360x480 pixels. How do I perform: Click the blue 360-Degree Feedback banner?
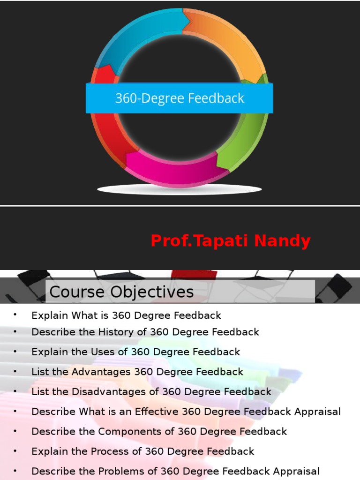pos(179,98)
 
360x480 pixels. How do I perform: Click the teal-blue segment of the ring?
pos(136,37)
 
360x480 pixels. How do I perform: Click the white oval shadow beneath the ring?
pos(179,189)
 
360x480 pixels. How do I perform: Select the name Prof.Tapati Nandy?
pos(230,241)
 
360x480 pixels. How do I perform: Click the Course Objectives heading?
pos(121,292)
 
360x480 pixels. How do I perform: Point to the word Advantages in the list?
pos(101,372)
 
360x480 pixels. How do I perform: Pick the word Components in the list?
pos(124,431)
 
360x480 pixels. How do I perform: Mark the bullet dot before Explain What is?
pos(15,315)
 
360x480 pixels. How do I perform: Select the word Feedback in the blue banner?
pos(217,98)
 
